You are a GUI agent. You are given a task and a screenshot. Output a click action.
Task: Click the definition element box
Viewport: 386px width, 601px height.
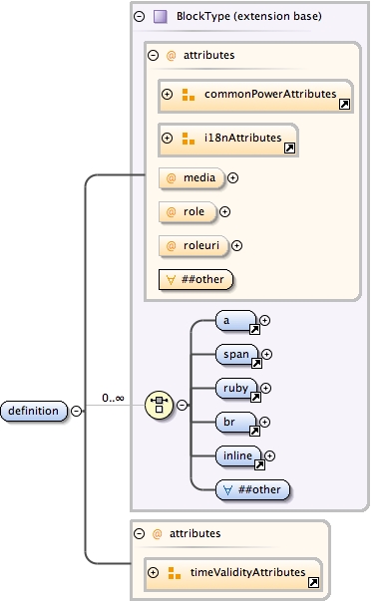point(34,410)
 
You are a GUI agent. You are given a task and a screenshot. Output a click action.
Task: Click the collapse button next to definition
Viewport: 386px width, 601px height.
point(77,410)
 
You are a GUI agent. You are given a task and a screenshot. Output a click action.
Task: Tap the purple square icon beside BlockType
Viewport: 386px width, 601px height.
point(161,17)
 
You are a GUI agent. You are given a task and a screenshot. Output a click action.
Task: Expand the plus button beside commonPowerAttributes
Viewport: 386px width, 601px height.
point(168,95)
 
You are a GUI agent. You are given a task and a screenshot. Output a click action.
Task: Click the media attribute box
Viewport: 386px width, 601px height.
point(192,178)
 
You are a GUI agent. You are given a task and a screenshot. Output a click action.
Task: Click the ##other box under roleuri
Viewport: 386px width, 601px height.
point(196,279)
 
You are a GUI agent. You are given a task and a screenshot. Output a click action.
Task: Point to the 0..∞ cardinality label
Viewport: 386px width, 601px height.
point(113,399)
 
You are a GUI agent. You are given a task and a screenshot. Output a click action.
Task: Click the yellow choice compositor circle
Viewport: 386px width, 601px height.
point(159,405)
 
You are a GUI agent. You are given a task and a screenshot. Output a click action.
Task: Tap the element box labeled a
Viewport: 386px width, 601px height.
point(236,321)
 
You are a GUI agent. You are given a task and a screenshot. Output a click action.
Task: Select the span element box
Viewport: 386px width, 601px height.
point(237,354)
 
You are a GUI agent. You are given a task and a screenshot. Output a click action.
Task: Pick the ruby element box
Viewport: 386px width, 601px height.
point(237,388)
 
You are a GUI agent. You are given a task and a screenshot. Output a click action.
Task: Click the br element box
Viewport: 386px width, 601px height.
point(237,422)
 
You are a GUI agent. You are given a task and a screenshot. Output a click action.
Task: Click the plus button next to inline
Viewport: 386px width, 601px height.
point(268,455)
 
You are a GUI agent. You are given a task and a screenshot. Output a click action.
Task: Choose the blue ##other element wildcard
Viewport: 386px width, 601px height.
point(253,488)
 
